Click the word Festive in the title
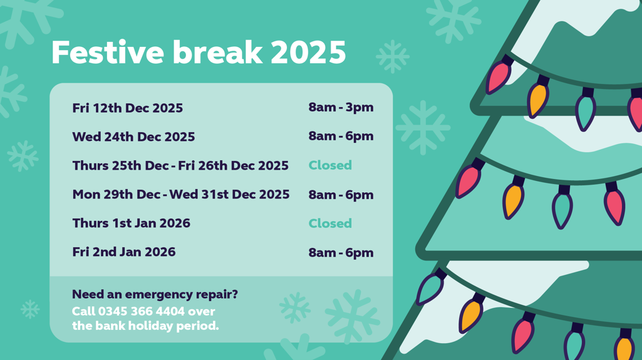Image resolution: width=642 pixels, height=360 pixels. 108,53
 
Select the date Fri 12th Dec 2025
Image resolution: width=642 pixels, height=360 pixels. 127,108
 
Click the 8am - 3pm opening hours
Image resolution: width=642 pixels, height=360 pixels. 341,107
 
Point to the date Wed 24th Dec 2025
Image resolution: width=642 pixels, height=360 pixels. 133,137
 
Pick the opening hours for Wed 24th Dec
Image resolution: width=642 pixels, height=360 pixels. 341,136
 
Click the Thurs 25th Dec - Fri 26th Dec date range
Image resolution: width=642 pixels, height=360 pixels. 180,166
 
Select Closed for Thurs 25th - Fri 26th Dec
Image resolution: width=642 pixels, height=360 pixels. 330,165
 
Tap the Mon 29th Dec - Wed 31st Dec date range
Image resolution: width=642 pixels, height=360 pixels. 180,195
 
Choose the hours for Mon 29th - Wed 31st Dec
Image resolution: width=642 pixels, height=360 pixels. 341,195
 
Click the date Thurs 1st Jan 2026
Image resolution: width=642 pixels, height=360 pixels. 131,224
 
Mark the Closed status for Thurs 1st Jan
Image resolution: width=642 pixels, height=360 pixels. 330,224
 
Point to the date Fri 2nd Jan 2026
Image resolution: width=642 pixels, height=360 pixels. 123,252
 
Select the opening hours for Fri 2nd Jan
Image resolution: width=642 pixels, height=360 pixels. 341,253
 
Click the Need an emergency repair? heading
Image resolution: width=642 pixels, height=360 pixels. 155,294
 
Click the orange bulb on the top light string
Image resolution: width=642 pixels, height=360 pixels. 537,99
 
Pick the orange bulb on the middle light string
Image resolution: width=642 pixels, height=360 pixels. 512,200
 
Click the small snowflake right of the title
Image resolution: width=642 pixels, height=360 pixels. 393,57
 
